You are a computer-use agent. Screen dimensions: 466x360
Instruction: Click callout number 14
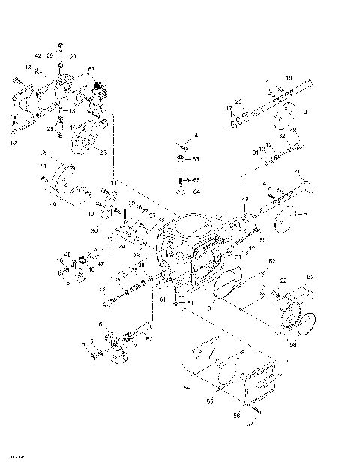(194, 135)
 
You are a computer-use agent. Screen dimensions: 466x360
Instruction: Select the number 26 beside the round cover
(103, 152)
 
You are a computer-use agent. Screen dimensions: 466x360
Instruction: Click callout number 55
(211, 402)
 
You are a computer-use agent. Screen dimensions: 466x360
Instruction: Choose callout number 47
(100, 264)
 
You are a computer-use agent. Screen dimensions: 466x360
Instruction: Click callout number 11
(113, 183)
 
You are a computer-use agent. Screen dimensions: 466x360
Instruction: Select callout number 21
(297, 172)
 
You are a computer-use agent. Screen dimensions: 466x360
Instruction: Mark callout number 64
(197, 191)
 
